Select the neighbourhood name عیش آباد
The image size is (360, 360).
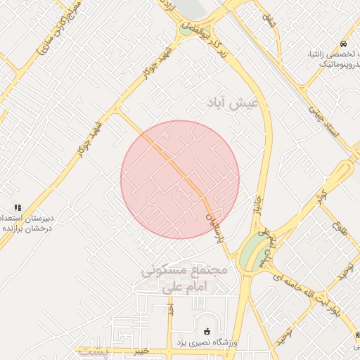(233, 103)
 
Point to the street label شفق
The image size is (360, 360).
(270, 22)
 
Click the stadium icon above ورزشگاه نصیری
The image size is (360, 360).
(206, 331)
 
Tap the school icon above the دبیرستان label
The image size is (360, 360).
(18, 208)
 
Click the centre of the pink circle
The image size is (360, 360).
(180, 179)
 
